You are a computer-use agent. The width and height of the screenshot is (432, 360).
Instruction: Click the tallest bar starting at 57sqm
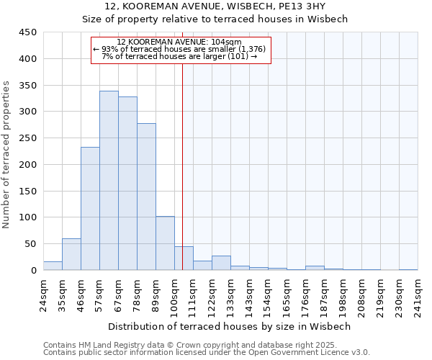coord(109,181)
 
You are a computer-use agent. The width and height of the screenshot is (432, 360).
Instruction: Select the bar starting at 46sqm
coord(90,209)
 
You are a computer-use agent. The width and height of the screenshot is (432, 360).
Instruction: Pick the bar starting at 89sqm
coord(165,243)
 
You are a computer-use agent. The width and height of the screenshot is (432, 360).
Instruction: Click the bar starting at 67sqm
coord(127,184)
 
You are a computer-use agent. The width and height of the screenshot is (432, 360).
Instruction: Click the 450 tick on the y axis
coord(28,32)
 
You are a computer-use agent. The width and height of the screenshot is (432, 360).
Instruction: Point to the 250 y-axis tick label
coord(28,138)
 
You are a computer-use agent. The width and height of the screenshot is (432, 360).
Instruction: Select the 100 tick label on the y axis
coord(28,217)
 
